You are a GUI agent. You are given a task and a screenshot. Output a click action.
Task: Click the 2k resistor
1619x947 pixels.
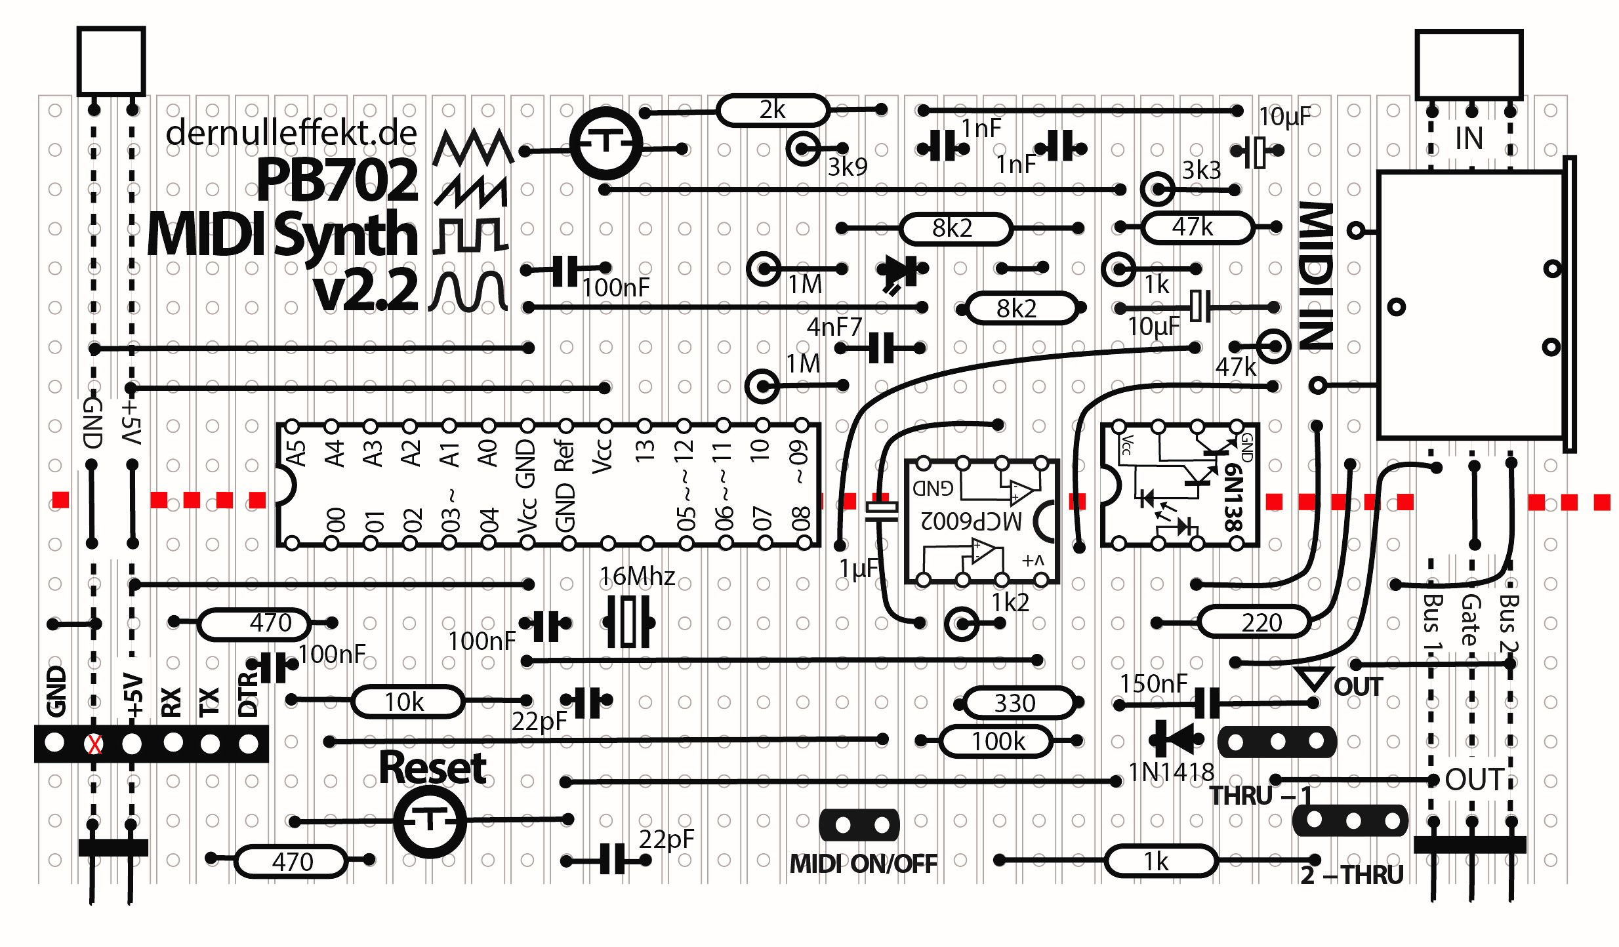pos(772,110)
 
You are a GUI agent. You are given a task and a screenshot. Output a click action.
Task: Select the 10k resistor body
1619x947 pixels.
pos(407,702)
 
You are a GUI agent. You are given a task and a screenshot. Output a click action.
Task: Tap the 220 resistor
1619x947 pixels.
pos(1254,622)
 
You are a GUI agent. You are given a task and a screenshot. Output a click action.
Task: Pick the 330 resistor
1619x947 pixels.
pos(1015,703)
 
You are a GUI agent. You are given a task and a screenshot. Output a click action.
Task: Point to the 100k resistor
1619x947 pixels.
pos(997,742)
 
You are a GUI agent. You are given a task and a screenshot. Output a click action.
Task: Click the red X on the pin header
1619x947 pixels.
pos(95,744)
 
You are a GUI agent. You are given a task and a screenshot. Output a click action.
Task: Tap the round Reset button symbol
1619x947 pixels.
pos(430,820)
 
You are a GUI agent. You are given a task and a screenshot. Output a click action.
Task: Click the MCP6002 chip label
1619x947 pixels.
pos(972,520)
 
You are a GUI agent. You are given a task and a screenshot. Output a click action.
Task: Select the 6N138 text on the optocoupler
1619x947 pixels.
pos(1233,496)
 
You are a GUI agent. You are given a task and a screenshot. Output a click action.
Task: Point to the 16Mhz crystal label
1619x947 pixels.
pos(637,576)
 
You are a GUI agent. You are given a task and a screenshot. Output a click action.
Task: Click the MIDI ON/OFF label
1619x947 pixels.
pos(863,864)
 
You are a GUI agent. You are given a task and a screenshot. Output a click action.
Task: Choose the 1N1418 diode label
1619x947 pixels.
pos(1171,773)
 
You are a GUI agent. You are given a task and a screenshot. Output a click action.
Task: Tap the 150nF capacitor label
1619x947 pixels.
pos(1153,683)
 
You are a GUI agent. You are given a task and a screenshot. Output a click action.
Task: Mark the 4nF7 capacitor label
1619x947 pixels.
pos(834,327)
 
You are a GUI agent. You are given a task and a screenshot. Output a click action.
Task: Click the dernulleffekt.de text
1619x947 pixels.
pos(291,133)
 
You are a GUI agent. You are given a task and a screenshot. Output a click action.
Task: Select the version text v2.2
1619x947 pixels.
pos(365,290)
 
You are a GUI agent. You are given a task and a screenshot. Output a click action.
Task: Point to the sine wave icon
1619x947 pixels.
pos(468,291)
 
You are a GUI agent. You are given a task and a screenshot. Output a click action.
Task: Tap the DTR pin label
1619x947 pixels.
pos(248,694)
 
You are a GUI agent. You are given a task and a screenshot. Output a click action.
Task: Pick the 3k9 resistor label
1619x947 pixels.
pos(847,167)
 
